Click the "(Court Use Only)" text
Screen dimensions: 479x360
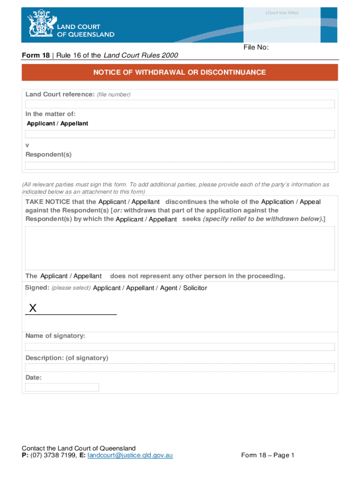282,13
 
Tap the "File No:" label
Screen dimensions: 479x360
256,47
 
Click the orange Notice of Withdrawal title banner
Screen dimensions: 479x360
180,73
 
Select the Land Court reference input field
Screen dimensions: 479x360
180,104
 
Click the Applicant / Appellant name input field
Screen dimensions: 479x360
180,134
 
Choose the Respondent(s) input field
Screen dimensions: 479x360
180,166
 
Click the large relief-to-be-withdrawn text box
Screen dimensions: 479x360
180,248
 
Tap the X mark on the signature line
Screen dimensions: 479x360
33,308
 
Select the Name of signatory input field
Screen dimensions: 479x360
180,347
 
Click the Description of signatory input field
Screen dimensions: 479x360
180,368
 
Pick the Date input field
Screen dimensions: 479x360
62,387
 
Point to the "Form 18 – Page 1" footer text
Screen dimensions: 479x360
267,455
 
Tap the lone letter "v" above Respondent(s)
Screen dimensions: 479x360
27,145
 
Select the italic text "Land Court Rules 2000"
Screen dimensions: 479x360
140,56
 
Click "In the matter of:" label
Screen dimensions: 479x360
50,114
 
